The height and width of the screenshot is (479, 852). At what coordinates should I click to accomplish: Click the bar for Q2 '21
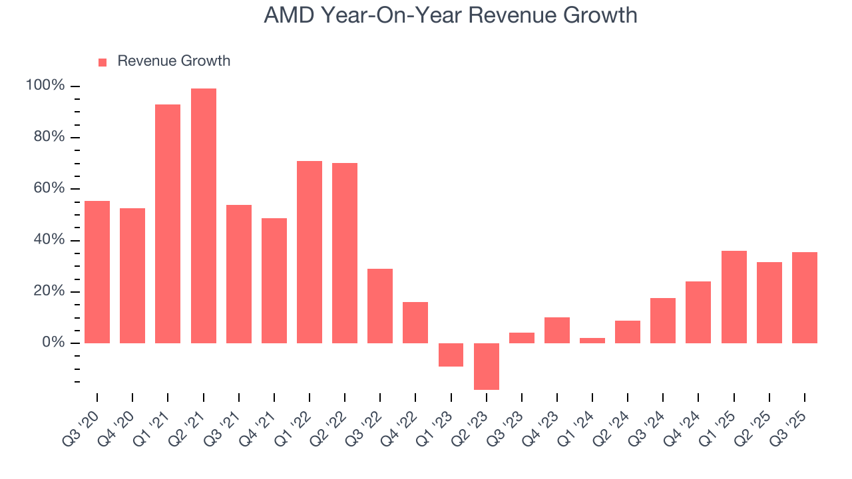coord(203,216)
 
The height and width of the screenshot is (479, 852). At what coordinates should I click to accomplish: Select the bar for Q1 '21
coord(168,224)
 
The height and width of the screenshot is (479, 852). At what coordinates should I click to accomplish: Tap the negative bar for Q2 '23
coord(487,366)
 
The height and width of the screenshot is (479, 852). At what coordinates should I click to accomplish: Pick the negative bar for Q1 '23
coord(451,355)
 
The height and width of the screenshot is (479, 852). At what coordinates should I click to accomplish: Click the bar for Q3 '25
coord(805,297)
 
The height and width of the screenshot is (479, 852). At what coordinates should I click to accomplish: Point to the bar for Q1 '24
coord(592,341)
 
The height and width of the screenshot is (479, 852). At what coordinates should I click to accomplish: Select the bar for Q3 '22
coord(380,306)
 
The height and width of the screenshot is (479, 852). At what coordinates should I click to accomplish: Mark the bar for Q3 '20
coord(97,271)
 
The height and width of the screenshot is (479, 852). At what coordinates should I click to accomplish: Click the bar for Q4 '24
coord(698,312)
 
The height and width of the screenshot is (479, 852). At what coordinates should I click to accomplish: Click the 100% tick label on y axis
coord(45,86)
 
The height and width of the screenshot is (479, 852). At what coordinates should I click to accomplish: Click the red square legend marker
coord(103,62)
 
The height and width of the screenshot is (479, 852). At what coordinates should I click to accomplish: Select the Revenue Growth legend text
coord(174,61)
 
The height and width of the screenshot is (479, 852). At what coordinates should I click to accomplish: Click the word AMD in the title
coord(288,15)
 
